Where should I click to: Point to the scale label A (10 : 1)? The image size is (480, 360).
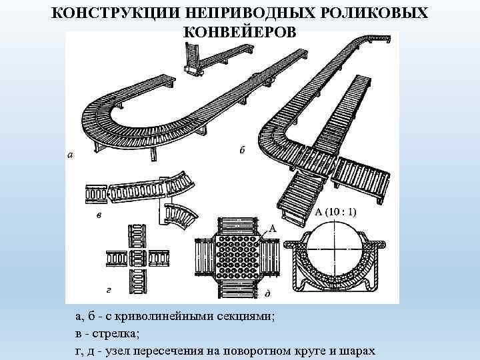(x=335, y=212)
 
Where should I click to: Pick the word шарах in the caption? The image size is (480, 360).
(x=359, y=351)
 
